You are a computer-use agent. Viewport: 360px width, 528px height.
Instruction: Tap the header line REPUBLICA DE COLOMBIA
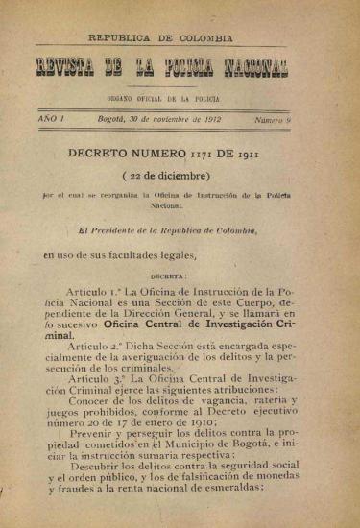[160, 38]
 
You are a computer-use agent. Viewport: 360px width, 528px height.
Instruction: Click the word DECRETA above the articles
[168, 274]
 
